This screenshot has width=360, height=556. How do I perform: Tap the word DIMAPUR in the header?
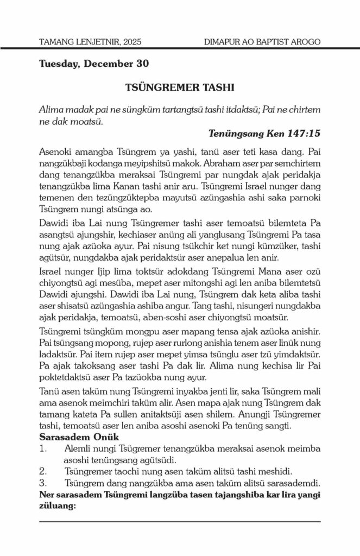tap(223, 42)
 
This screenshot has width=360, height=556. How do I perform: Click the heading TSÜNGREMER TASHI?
tap(180, 87)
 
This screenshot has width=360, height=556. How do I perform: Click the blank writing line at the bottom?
tap(180, 521)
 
